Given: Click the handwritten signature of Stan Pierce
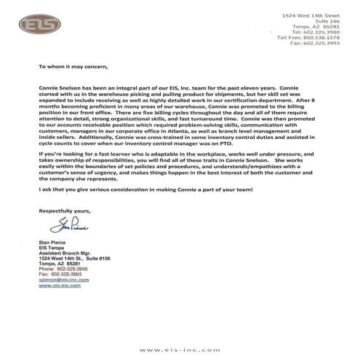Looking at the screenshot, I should [63, 225].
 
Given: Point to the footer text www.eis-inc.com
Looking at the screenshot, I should [180, 350].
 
